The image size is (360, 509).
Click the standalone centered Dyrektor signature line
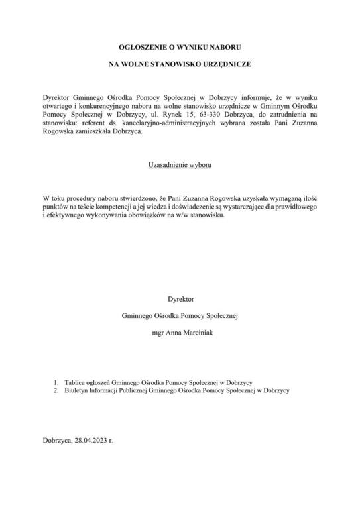point(180,299)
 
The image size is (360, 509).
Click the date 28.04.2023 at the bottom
point(91,441)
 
